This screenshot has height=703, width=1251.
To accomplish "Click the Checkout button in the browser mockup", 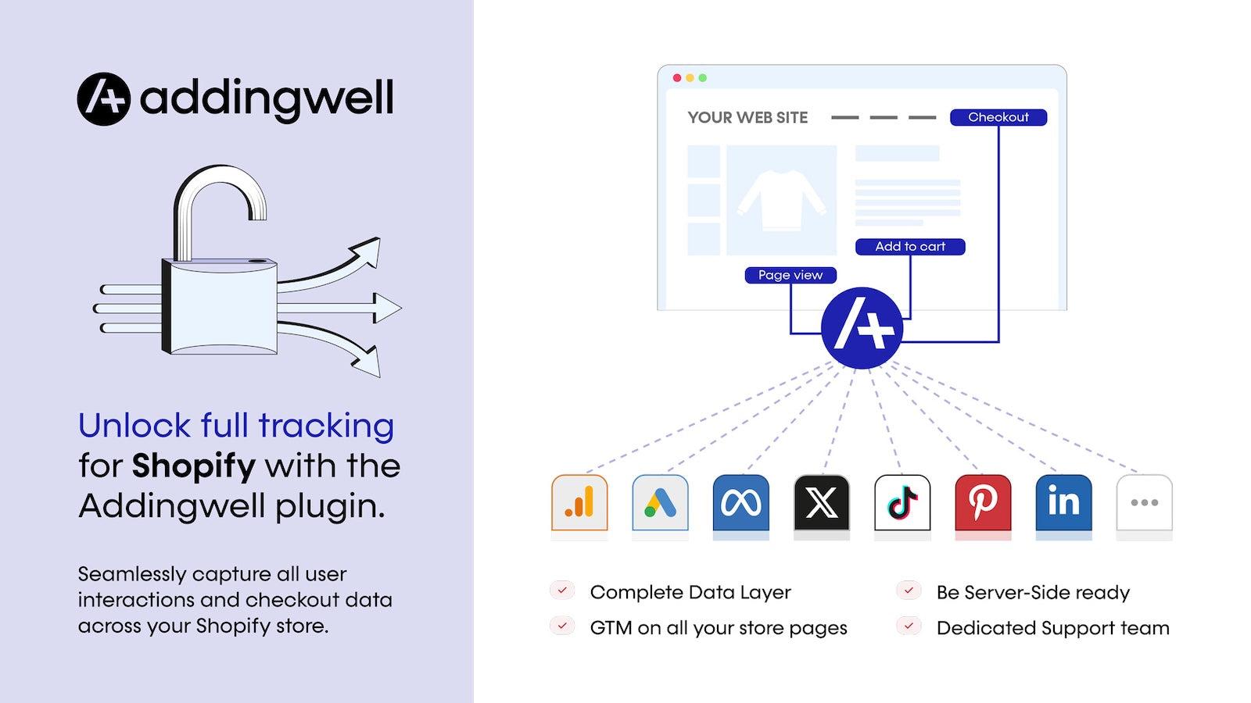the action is [998, 117].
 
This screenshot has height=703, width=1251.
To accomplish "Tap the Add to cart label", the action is [910, 247].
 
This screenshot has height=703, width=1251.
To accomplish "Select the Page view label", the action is [790, 275].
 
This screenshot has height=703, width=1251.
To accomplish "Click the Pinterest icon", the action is [983, 503].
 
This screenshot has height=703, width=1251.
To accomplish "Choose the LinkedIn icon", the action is [1063, 503].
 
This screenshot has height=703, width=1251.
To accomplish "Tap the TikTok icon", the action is [902, 503].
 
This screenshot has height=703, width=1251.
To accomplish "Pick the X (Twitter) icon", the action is [822, 503].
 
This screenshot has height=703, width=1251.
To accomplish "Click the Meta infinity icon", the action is [741, 503].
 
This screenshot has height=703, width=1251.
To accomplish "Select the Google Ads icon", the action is [660, 503].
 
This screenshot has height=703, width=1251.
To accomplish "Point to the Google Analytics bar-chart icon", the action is [579, 503].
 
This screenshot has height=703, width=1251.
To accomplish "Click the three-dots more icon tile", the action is [1145, 503].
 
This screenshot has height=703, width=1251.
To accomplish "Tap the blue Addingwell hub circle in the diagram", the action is [862, 328].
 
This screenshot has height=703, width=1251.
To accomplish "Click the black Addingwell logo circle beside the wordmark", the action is [104, 98].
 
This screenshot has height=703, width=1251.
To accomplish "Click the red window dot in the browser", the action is [677, 78].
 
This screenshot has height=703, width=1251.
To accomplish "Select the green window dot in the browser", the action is [703, 78].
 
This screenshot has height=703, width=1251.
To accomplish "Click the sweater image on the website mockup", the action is [781, 200].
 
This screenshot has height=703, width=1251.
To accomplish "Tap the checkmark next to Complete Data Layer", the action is [562, 591].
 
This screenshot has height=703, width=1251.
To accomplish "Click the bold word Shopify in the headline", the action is [194, 466].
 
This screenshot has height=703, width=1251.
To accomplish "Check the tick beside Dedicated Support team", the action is [909, 626].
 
